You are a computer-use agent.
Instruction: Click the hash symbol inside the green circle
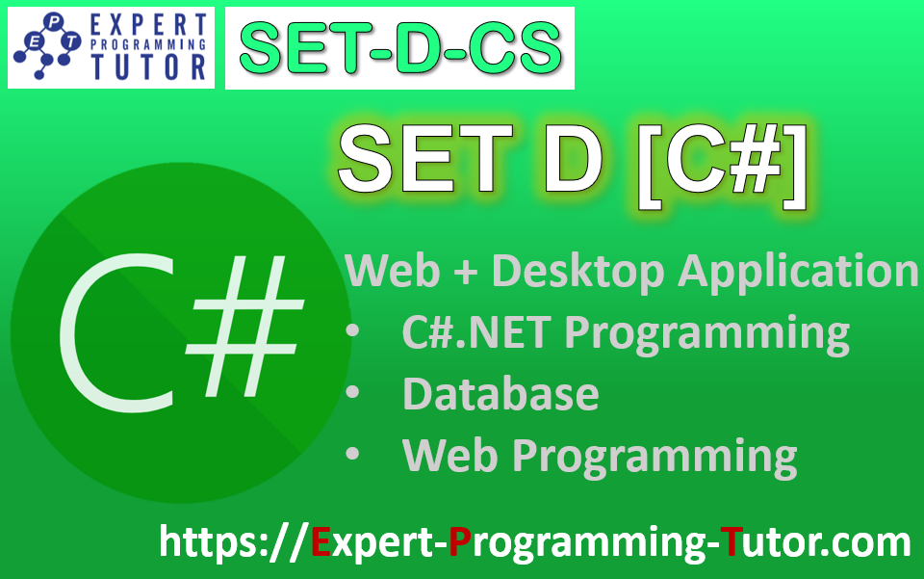pyautogui.click(x=241, y=323)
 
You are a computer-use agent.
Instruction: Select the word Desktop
pyautogui.click(x=578, y=271)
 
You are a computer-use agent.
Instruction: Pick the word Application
pyautogui.click(x=799, y=273)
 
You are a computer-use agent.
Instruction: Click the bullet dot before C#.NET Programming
pyautogui.click(x=353, y=333)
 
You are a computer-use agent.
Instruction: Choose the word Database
pyautogui.click(x=500, y=394)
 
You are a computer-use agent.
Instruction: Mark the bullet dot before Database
pyautogui.click(x=353, y=395)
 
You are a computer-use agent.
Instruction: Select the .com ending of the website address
pyautogui.click(x=865, y=541)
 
